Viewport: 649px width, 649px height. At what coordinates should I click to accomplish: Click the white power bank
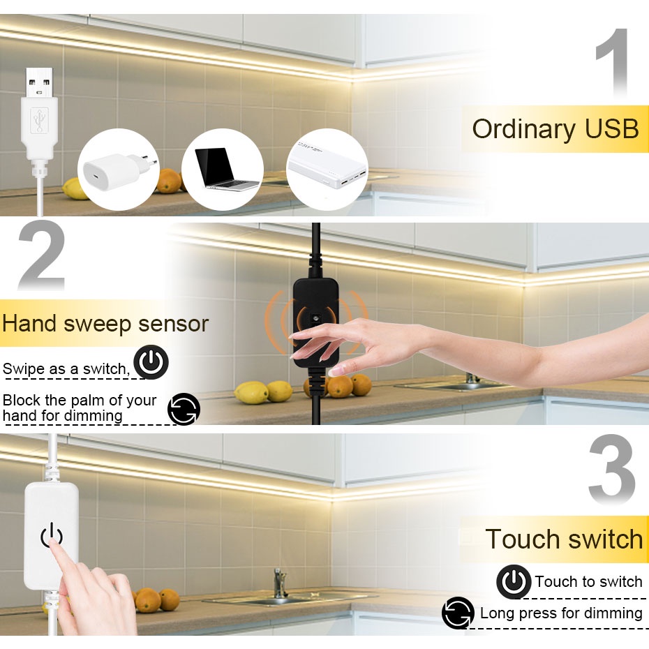(x=326, y=170)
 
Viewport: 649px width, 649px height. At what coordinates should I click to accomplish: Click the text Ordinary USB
(x=555, y=130)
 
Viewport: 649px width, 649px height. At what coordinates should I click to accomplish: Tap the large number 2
(x=42, y=258)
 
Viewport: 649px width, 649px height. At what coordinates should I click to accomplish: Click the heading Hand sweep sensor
(x=105, y=324)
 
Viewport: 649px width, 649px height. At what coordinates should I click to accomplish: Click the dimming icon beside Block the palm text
(x=184, y=408)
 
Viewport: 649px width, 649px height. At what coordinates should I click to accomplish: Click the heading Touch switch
(x=564, y=539)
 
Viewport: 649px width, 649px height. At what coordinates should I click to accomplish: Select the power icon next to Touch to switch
(x=514, y=581)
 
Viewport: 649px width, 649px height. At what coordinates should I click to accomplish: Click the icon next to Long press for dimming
(x=458, y=613)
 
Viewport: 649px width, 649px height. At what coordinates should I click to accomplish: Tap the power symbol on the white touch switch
(x=52, y=536)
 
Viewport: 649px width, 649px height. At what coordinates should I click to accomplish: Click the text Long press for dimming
(x=561, y=613)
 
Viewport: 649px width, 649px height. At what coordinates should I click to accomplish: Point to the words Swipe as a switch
(x=66, y=368)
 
